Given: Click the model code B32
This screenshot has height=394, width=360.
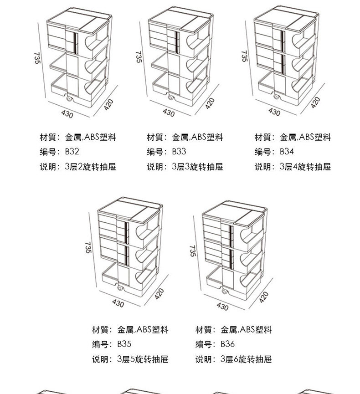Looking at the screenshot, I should tap(73, 152).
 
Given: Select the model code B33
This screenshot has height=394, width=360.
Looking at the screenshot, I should tap(179, 152).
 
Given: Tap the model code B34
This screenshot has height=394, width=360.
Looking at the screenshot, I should tap(287, 152).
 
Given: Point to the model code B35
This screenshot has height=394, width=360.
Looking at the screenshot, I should tap(124, 344).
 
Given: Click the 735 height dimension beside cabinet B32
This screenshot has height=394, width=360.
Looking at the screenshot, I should tap(37, 57).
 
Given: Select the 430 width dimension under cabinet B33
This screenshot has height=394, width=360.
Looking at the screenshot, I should tap(168, 112).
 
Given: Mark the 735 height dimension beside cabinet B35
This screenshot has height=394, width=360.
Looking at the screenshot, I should tap(88, 247).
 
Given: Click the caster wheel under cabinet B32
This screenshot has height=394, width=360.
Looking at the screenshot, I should tap(70, 99).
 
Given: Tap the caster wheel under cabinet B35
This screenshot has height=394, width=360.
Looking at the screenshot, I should tap(121, 288).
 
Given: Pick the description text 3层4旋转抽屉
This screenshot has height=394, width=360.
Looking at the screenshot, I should tap(305, 167).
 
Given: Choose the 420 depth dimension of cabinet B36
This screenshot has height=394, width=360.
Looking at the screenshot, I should tap(264, 297).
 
